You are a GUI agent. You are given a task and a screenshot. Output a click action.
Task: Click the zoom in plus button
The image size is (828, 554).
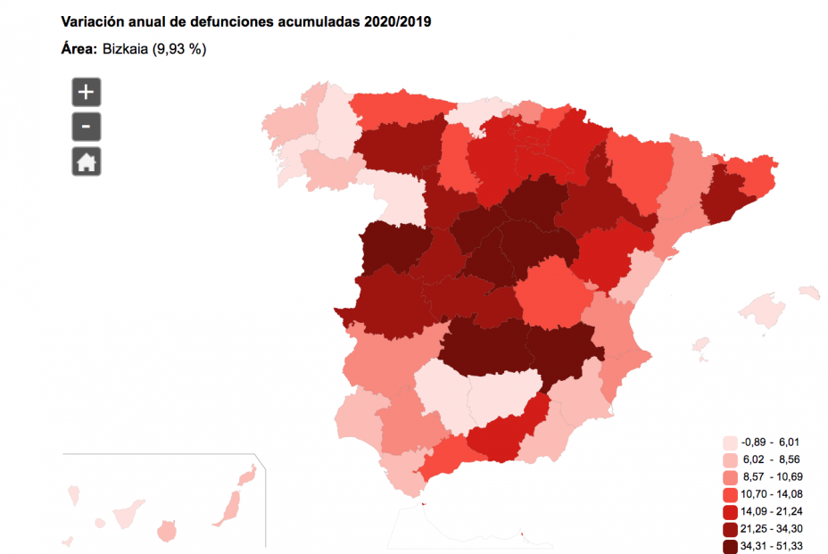point(87,92)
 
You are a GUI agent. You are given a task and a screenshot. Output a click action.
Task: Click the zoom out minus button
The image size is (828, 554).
point(87,127)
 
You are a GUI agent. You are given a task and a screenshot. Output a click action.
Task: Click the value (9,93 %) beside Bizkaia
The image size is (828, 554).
point(182,49)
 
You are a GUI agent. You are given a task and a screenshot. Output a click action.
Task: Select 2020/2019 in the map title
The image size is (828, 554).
point(398,21)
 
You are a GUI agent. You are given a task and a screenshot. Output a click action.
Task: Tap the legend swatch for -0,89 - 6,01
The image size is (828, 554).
point(730,442)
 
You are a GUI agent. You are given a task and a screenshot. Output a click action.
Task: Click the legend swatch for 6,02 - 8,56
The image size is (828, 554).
point(730,460)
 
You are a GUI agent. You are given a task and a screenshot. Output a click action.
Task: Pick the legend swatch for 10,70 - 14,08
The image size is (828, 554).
point(730,494)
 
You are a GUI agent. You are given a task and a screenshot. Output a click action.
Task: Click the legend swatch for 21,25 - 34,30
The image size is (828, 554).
point(730,529)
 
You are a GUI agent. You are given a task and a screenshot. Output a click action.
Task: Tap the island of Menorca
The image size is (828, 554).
point(808,292)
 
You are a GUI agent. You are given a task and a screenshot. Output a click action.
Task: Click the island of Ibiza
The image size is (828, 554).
point(701,343)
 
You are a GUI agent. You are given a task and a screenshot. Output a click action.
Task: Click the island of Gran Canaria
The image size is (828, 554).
point(166,533)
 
